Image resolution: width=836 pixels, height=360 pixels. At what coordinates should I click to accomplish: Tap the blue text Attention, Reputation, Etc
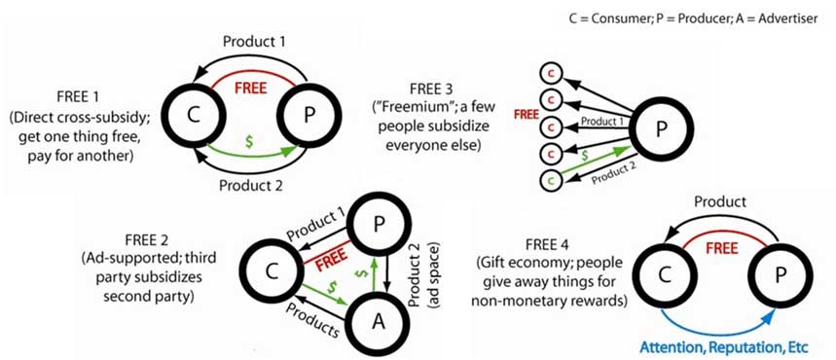724,347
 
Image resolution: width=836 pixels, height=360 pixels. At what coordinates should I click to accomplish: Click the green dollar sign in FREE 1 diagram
248,142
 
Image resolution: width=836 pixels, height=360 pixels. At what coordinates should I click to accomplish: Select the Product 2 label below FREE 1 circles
250,186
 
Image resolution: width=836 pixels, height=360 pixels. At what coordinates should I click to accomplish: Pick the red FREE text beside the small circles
525,114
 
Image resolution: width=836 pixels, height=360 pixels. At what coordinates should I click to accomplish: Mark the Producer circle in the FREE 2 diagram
378,225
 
